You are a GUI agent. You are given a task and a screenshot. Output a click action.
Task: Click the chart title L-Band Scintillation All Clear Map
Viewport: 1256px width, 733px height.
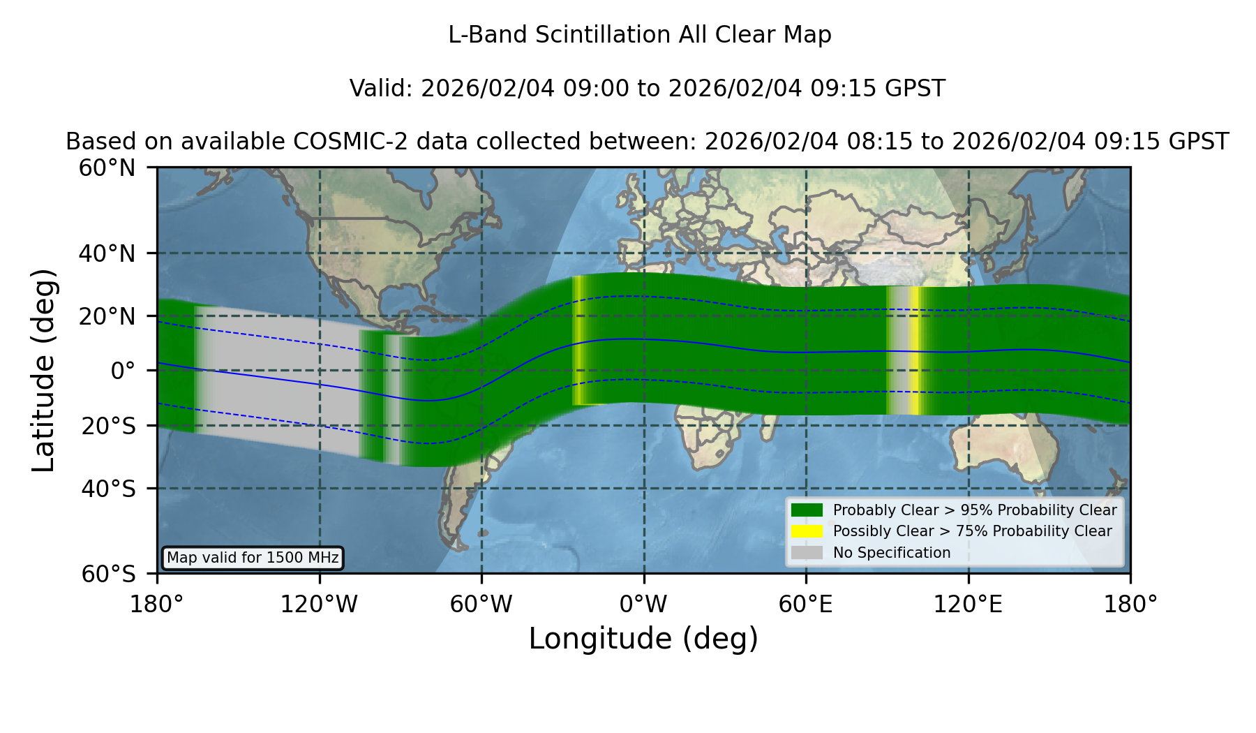[x=640, y=35]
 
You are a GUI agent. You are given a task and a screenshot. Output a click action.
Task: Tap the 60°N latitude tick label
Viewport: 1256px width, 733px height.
[x=107, y=168]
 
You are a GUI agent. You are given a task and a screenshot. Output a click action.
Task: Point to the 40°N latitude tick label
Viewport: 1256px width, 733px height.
[x=107, y=253]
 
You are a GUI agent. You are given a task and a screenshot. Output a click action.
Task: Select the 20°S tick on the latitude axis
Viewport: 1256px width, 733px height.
[x=108, y=426]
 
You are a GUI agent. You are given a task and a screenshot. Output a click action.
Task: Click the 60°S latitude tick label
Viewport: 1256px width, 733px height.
[x=108, y=574]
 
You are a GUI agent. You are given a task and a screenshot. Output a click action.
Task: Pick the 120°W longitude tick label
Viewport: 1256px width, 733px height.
[x=319, y=605]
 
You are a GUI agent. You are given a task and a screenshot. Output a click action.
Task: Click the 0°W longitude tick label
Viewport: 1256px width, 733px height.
[x=643, y=605]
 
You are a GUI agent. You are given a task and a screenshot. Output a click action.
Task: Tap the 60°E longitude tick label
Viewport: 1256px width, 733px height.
[x=806, y=605]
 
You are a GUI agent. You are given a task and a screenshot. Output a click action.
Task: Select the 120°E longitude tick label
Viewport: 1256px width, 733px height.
[x=969, y=605]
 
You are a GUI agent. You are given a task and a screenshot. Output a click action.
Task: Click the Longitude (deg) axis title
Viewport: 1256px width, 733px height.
[x=643, y=639]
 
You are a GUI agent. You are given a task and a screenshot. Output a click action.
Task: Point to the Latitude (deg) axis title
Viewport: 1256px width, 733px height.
[x=43, y=370]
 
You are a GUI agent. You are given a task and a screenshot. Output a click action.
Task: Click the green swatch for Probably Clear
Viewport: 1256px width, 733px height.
[x=807, y=510]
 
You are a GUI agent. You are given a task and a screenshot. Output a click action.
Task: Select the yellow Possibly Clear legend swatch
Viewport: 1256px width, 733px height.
[x=807, y=531]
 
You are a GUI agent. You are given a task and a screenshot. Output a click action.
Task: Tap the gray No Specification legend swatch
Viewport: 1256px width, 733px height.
[x=807, y=553]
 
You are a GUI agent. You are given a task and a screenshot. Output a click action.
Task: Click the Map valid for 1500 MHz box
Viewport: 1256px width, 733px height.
[x=253, y=558]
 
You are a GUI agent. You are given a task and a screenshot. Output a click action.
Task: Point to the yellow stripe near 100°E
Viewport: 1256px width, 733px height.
[x=915, y=350]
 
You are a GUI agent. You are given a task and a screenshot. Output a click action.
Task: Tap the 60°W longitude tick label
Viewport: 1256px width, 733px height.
[x=481, y=605]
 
